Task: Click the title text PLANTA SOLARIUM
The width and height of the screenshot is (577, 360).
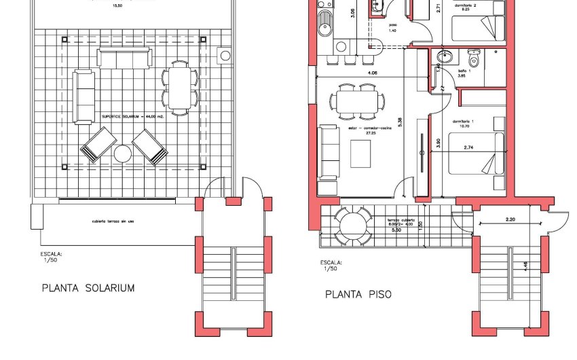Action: pyautogui.click(x=88, y=288)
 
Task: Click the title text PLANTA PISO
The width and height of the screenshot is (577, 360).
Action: pyautogui.click(x=358, y=294)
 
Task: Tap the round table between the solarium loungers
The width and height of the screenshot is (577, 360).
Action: pyautogui.click(x=123, y=154)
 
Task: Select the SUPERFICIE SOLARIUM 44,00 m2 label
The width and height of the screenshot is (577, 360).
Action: pyautogui.click(x=133, y=117)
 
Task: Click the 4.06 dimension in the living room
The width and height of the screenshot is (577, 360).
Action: pyautogui.click(x=373, y=73)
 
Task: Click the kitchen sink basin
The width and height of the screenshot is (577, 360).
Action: pyautogui.click(x=324, y=29)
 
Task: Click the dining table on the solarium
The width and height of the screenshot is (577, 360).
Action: pyautogui.click(x=179, y=87)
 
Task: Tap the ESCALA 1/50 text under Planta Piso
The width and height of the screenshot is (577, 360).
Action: pyautogui.click(x=331, y=266)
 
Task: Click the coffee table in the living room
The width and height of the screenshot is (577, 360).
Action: pyautogui.click(x=360, y=153)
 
